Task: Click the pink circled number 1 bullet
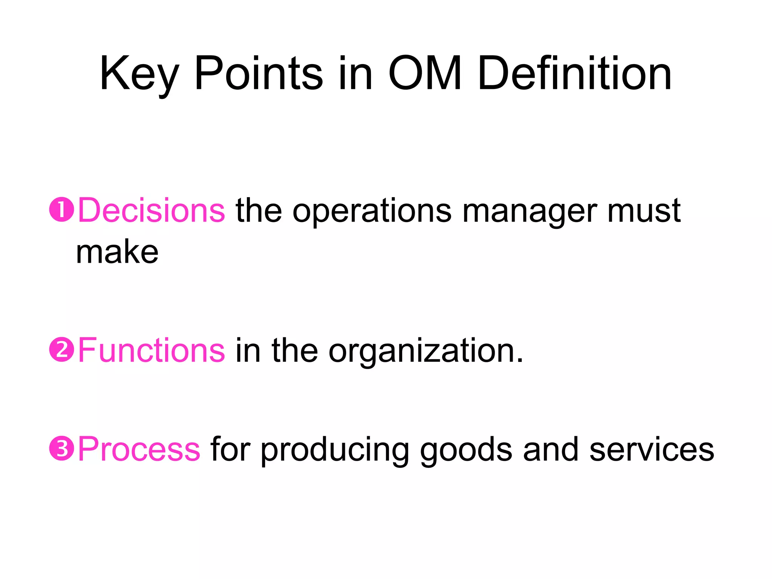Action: pos(61,210)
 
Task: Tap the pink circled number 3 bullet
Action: pos(61,449)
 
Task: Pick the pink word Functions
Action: pos(152,351)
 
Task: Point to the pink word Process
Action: pos(139,449)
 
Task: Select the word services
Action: pos(652,450)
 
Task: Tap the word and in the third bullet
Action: pos(551,449)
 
